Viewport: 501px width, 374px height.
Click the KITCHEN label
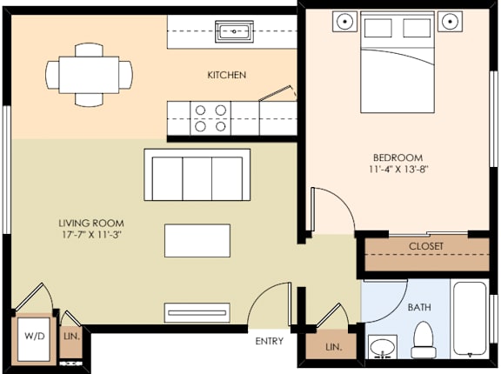226,75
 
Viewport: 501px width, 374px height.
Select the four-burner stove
210,117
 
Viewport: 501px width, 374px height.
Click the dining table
89,75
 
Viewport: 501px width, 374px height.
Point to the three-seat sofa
197,176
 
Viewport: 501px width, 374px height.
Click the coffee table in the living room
198,240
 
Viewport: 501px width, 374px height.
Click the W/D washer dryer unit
35,335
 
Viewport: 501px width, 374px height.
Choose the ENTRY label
269,341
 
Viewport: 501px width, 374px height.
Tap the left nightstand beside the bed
346,21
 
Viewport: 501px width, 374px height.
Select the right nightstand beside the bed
450,21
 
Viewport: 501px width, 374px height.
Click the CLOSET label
425,246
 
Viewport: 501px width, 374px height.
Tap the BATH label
419,307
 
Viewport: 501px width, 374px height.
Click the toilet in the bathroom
424,340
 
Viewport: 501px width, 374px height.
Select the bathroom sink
381,347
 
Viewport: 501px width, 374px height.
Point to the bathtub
471,318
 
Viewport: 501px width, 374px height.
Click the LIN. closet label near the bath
333,347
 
